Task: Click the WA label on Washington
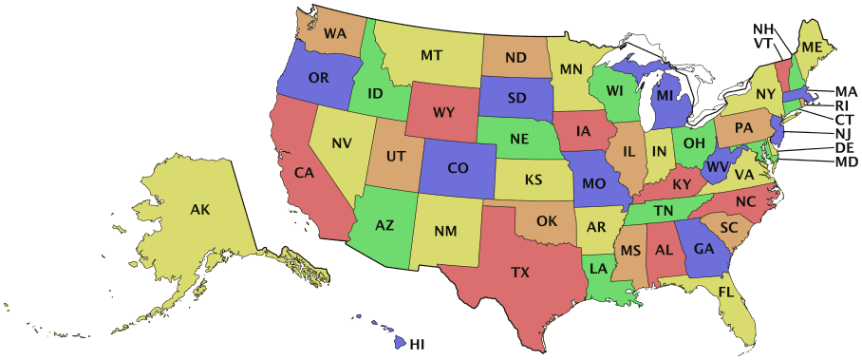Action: click(x=334, y=33)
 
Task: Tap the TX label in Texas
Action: click(x=520, y=273)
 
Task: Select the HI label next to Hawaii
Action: click(x=417, y=343)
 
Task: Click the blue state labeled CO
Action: click(x=458, y=168)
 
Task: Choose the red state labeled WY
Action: click(x=443, y=112)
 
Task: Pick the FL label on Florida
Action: click(x=727, y=291)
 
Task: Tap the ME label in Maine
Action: click(x=811, y=47)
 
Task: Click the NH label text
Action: click(x=763, y=28)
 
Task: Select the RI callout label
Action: click(x=842, y=105)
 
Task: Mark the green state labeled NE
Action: click(x=518, y=139)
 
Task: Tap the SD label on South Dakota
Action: click(x=517, y=97)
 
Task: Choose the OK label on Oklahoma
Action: click(x=547, y=221)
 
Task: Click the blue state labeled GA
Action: click(x=703, y=249)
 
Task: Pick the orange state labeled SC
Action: click(x=728, y=228)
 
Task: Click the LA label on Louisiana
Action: click(x=598, y=269)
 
